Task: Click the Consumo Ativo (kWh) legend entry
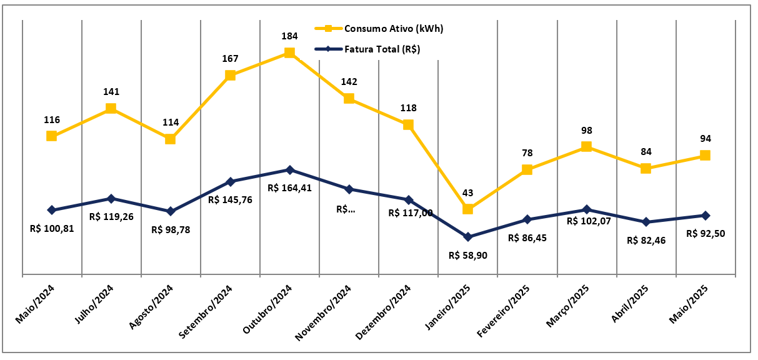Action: coord(393,28)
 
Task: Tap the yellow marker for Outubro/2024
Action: coord(289,52)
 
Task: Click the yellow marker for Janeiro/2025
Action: coord(467,209)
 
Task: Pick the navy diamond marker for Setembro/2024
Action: coord(230,182)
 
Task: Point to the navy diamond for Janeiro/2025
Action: coord(467,237)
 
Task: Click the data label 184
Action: coord(289,36)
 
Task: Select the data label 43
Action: coord(467,192)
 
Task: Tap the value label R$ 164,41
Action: coord(289,187)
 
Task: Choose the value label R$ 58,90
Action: coord(467,255)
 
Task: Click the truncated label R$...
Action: coord(346,209)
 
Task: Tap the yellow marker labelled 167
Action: coord(230,75)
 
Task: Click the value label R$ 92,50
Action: coord(705,233)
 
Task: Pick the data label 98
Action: coord(586,131)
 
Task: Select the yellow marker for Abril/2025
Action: coord(646,168)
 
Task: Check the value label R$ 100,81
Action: coord(52,228)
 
